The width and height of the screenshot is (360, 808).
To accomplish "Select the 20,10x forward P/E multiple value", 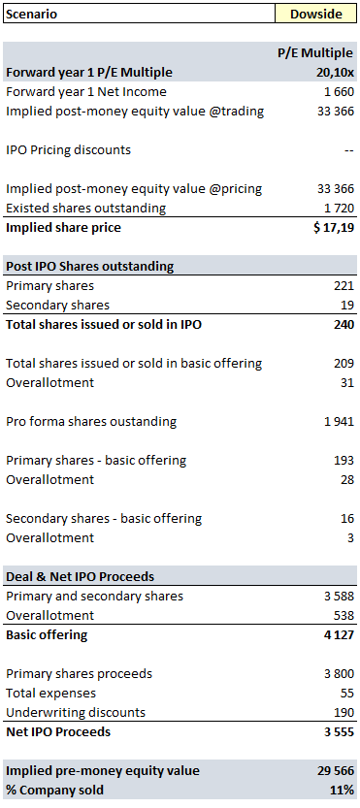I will [335, 73].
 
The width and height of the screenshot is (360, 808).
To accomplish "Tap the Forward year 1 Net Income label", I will [86, 92].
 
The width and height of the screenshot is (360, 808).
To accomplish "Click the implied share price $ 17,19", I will [334, 228].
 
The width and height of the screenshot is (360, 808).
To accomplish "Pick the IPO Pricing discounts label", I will [68, 150].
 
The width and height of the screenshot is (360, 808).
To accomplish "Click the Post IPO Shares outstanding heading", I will [89, 267].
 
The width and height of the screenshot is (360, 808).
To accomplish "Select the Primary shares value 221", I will [344, 286].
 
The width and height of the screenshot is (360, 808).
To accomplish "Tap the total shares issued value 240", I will [343, 325].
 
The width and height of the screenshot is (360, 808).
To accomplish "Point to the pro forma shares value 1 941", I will [339, 422].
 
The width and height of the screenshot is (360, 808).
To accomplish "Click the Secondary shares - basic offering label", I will [104, 519].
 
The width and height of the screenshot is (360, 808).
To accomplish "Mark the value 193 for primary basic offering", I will [344, 461].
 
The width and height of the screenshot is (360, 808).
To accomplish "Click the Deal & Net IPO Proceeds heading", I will [80, 577].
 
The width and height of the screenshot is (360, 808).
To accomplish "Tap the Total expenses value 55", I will [346, 694].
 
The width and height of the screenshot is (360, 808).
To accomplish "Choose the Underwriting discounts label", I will [76, 713].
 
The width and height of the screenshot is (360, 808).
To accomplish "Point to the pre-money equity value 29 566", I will [335, 771].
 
